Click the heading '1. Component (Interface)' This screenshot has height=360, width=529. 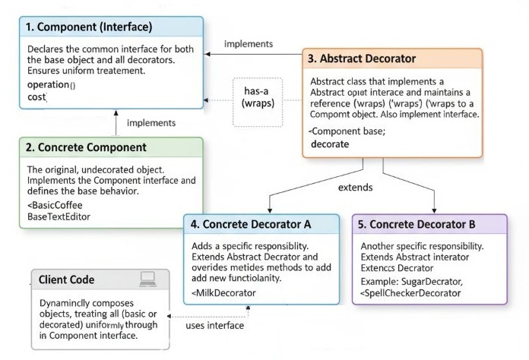(x=89, y=27)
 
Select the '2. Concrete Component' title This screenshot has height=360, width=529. (x=86, y=147)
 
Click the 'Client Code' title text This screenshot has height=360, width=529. (x=67, y=279)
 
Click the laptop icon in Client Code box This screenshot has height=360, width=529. (x=148, y=279)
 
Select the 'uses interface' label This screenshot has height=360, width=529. (x=214, y=326)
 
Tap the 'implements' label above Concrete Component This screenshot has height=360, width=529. (x=151, y=122)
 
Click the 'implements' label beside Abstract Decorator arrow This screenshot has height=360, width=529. (x=249, y=43)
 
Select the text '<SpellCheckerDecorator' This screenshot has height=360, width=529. (x=410, y=292)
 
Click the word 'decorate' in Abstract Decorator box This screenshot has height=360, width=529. (x=331, y=144)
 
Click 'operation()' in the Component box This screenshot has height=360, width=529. (x=51, y=84)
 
